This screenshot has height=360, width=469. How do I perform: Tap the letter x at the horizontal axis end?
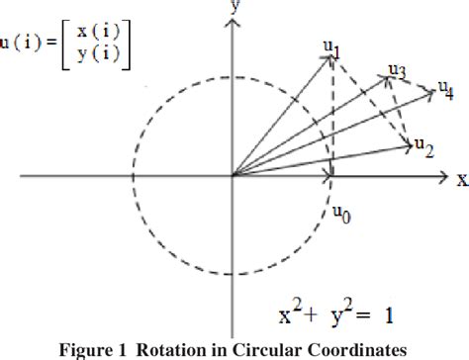click(460, 179)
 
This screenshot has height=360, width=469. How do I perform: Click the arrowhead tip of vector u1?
click(329, 55)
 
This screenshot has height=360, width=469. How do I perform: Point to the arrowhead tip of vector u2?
click(411, 147)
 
